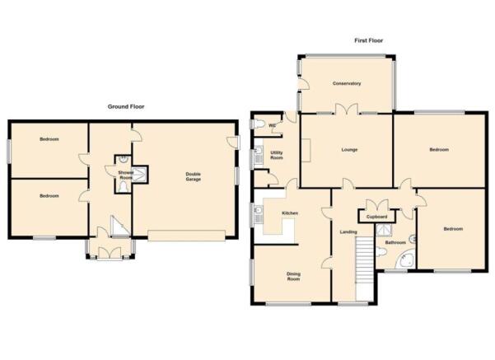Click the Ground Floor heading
126,107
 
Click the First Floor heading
368,40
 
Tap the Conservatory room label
347,83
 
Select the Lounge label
349,150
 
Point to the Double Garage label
194,176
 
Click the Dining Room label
293,277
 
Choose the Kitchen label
290,213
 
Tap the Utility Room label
277,155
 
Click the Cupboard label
376,217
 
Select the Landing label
348,232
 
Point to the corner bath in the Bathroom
404,260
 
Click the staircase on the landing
365,269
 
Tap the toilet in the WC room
259,124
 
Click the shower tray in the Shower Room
140,175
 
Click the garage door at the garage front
187,236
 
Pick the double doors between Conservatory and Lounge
346,109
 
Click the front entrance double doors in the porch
110,254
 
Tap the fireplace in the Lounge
306,150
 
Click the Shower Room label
126,175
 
